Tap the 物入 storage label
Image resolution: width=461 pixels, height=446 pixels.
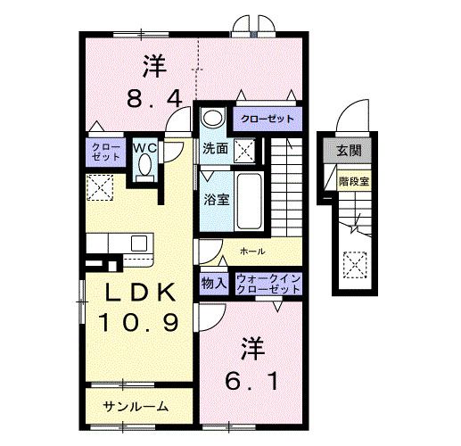pos(214,284)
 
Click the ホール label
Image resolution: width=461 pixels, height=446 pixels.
pos(253,252)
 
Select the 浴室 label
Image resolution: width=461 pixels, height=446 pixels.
pos(217,199)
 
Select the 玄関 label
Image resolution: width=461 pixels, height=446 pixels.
pos(349,152)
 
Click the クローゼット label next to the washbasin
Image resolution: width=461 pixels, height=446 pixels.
pos(265,118)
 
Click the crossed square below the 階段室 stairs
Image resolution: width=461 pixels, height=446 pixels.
pos(354,265)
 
